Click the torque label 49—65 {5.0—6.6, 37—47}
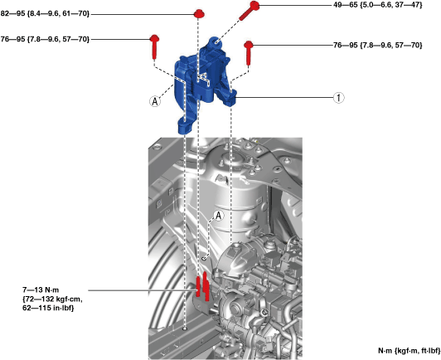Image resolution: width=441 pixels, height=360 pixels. click(x=378, y=5)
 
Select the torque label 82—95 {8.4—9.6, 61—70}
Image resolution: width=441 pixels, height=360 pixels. click(x=45, y=14)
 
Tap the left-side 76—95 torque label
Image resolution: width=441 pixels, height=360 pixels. click(x=45, y=39)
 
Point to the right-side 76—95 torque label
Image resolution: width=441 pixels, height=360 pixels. click(x=378, y=45)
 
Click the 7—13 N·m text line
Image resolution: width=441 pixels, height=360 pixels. click(x=41, y=290)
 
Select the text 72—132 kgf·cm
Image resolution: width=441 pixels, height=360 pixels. click(x=52, y=299)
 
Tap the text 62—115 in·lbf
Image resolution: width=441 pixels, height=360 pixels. click(x=48, y=309)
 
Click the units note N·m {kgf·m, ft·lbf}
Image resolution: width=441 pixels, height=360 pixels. click(x=409, y=351)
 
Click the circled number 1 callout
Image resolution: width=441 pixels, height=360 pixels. click(x=338, y=98)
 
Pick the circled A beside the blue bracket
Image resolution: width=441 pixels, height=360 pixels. click(x=155, y=101)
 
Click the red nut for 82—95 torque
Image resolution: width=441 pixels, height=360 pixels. click(x=199, y=13)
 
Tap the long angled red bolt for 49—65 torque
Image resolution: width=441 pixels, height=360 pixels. click(x=250, y=11)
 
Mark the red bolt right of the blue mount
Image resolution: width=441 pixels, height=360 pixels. click(x=249, y=52)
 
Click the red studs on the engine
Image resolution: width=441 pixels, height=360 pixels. click(x=202, y=286)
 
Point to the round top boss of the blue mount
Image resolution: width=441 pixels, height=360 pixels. click(x=216, y=42)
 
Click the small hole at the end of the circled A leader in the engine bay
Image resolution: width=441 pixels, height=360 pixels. click(x=205, y=258)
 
